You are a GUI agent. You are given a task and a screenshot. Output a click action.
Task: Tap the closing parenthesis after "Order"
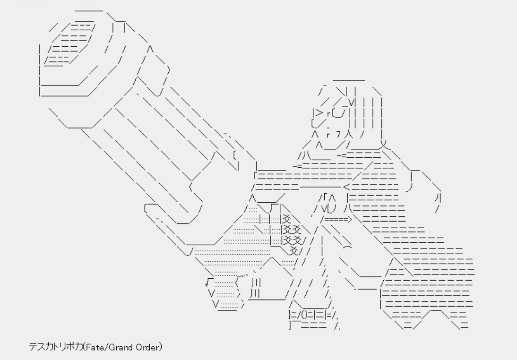(161, 348)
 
